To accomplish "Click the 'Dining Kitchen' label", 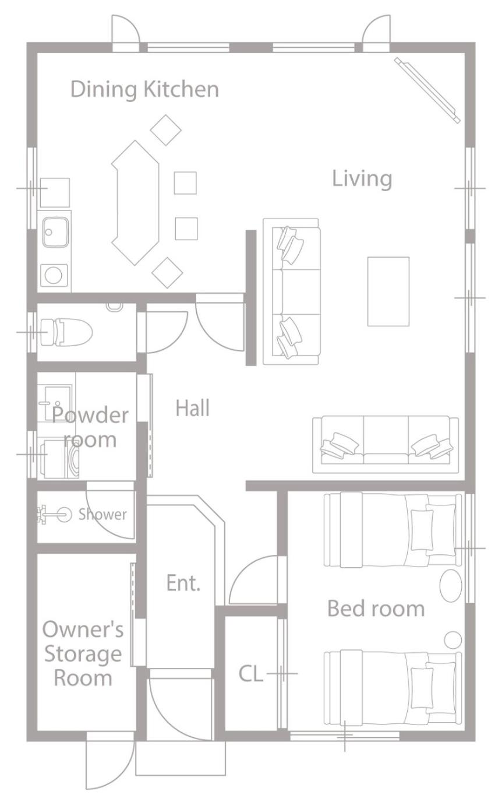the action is [144, 90].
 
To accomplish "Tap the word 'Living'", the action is [362, 178].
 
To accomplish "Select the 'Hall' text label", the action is [193, 408].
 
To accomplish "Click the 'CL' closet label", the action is [251, 673].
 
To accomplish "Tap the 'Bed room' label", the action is [376, 609].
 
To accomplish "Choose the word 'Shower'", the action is [102, 515].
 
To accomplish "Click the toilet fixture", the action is [66, 332].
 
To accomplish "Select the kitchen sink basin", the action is [56, 232].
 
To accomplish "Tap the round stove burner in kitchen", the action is [54, 276].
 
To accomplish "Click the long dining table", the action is [135, 203].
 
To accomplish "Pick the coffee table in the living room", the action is [388, 291].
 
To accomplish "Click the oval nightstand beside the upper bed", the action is [451, 585].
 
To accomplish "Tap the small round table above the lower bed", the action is [453, 640].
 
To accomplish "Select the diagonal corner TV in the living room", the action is [427, 90].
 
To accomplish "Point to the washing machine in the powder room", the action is [60, 459].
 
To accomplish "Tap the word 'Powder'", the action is [90, 415].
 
